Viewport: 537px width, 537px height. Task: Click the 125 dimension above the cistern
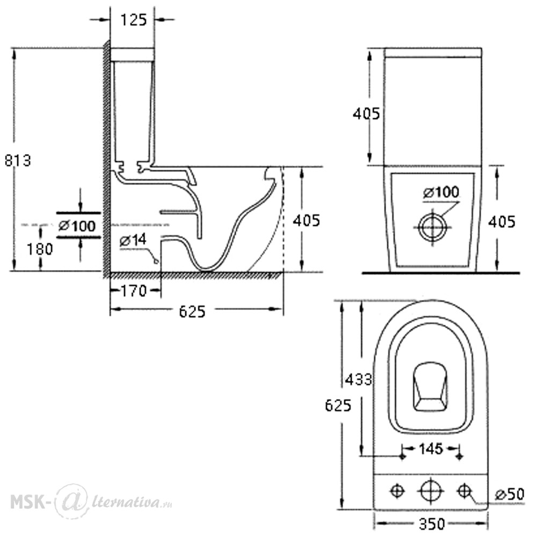(x=134, y=20)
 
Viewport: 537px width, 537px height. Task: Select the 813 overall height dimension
(x=18, y=160)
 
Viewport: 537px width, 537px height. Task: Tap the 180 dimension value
(x=40, y=249)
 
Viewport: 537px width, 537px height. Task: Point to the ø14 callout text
(x=133, y=240)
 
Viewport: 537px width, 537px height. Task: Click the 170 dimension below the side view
(x=134, y=292)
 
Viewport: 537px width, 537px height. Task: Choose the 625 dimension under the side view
(x=192, y=311)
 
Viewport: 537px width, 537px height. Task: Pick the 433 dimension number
(x=359, y=380)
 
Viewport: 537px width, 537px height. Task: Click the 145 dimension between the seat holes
(x=431, y=448)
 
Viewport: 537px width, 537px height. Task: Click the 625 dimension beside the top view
(x=338, y=405)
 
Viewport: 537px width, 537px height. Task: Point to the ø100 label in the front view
(x=441, y=192)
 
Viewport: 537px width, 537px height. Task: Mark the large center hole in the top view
(x=431, y=491)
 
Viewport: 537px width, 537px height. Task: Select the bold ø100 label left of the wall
(x=77, y=226)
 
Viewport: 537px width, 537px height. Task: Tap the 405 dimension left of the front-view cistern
(x=366, y=113)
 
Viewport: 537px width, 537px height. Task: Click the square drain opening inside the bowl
(x=431, y=387)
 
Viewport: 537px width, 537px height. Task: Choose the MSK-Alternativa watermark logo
(x=91, y=502)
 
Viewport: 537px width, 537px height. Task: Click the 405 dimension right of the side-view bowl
(x=307, y=220)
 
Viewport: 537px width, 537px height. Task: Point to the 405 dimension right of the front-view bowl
(x=502, y=222)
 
